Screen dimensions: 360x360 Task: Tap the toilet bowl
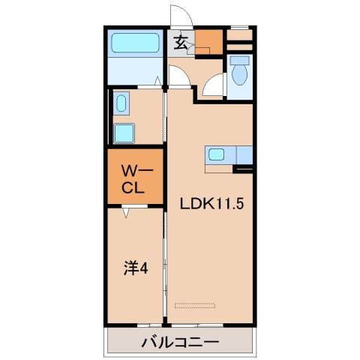pos(240,75)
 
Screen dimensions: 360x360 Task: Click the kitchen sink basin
pos(216,155)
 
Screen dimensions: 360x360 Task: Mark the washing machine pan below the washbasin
pos(124,133)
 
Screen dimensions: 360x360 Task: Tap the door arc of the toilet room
pos(215,85)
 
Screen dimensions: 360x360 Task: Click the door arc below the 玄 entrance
pos(179,76)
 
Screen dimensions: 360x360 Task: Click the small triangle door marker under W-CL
pos(127,213)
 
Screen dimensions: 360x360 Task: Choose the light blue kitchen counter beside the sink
pos(245,155)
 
